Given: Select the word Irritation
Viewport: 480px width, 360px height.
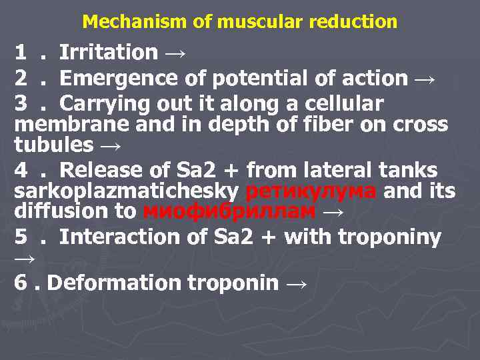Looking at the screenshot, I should [109, 52].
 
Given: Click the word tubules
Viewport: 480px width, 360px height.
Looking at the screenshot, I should [53, 144].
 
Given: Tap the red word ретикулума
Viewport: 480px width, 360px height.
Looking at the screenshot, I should [311, 191].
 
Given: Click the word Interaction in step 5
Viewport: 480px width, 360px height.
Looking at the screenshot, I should [113, 237].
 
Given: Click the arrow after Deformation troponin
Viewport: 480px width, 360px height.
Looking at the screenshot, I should [297, 284].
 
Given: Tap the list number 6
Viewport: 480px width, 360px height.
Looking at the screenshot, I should [21, 283].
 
